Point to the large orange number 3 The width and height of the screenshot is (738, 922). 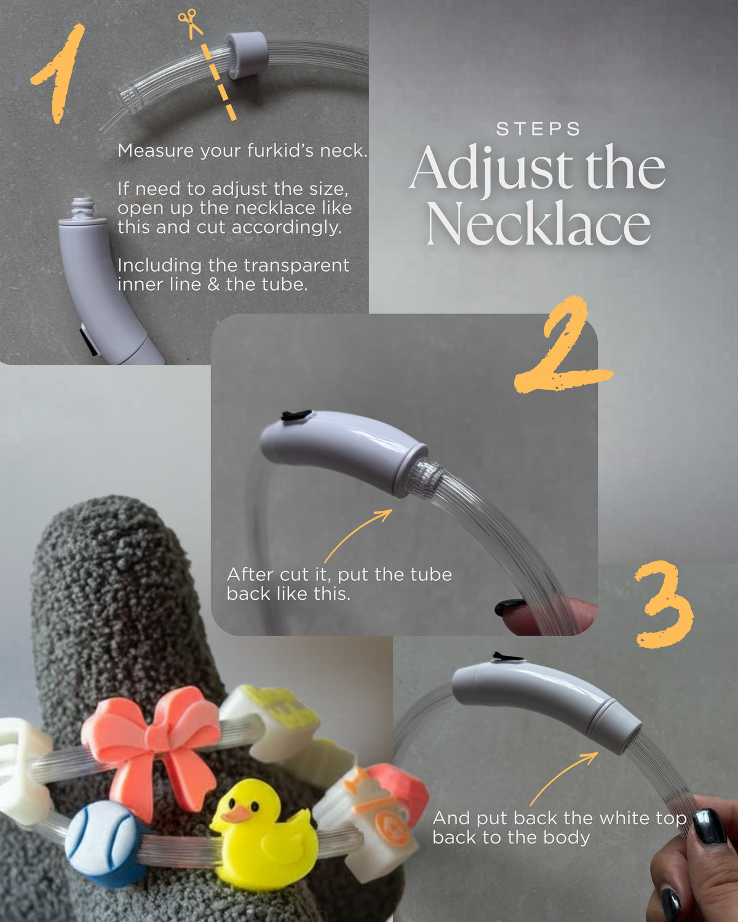point(665,604)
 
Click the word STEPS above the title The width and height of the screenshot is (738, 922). point(538,129)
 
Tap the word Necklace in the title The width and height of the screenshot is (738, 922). point(538,223)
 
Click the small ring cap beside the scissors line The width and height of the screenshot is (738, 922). point(246,55)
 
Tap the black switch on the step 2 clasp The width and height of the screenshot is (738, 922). point(296,415)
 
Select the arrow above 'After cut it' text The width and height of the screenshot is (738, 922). point(357,535)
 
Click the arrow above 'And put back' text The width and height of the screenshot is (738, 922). point(563,778)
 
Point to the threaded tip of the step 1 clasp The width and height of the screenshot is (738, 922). point(82,207)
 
